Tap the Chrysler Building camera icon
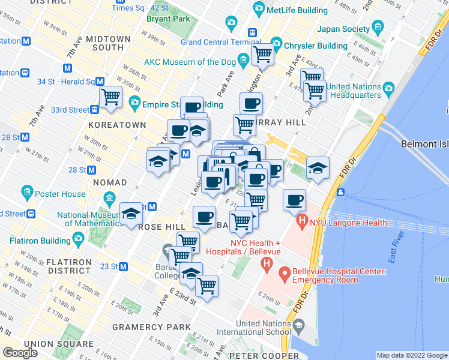[277, 45]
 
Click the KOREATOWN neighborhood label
[117, 125]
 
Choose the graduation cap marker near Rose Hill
[131, 214]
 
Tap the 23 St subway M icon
[124, 266]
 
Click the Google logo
[20, 353]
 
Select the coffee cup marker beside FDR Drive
[294, 200]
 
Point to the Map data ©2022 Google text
[411, 355]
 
